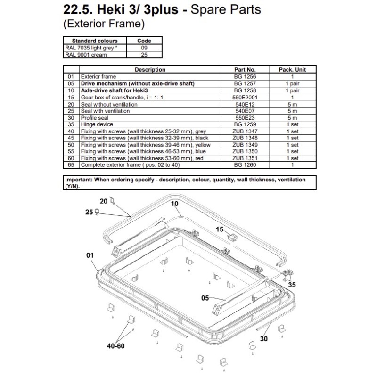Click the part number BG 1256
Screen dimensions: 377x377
(245, 76)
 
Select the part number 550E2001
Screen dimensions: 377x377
(245, 97)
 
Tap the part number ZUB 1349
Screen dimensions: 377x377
(245, 145)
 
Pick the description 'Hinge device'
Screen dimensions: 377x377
(98, 124)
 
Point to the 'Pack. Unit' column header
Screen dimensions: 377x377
(292, 69)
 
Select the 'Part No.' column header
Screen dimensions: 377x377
(245, 69)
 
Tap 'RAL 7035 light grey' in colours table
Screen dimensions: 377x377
(90, 48)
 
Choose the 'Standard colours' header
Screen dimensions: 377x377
(95, 41)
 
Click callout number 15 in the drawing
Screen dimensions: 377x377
(220, 229)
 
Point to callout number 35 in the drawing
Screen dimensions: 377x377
(292, 285)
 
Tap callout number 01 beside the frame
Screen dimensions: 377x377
(90, 255)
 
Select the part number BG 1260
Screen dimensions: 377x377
(245, 165)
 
